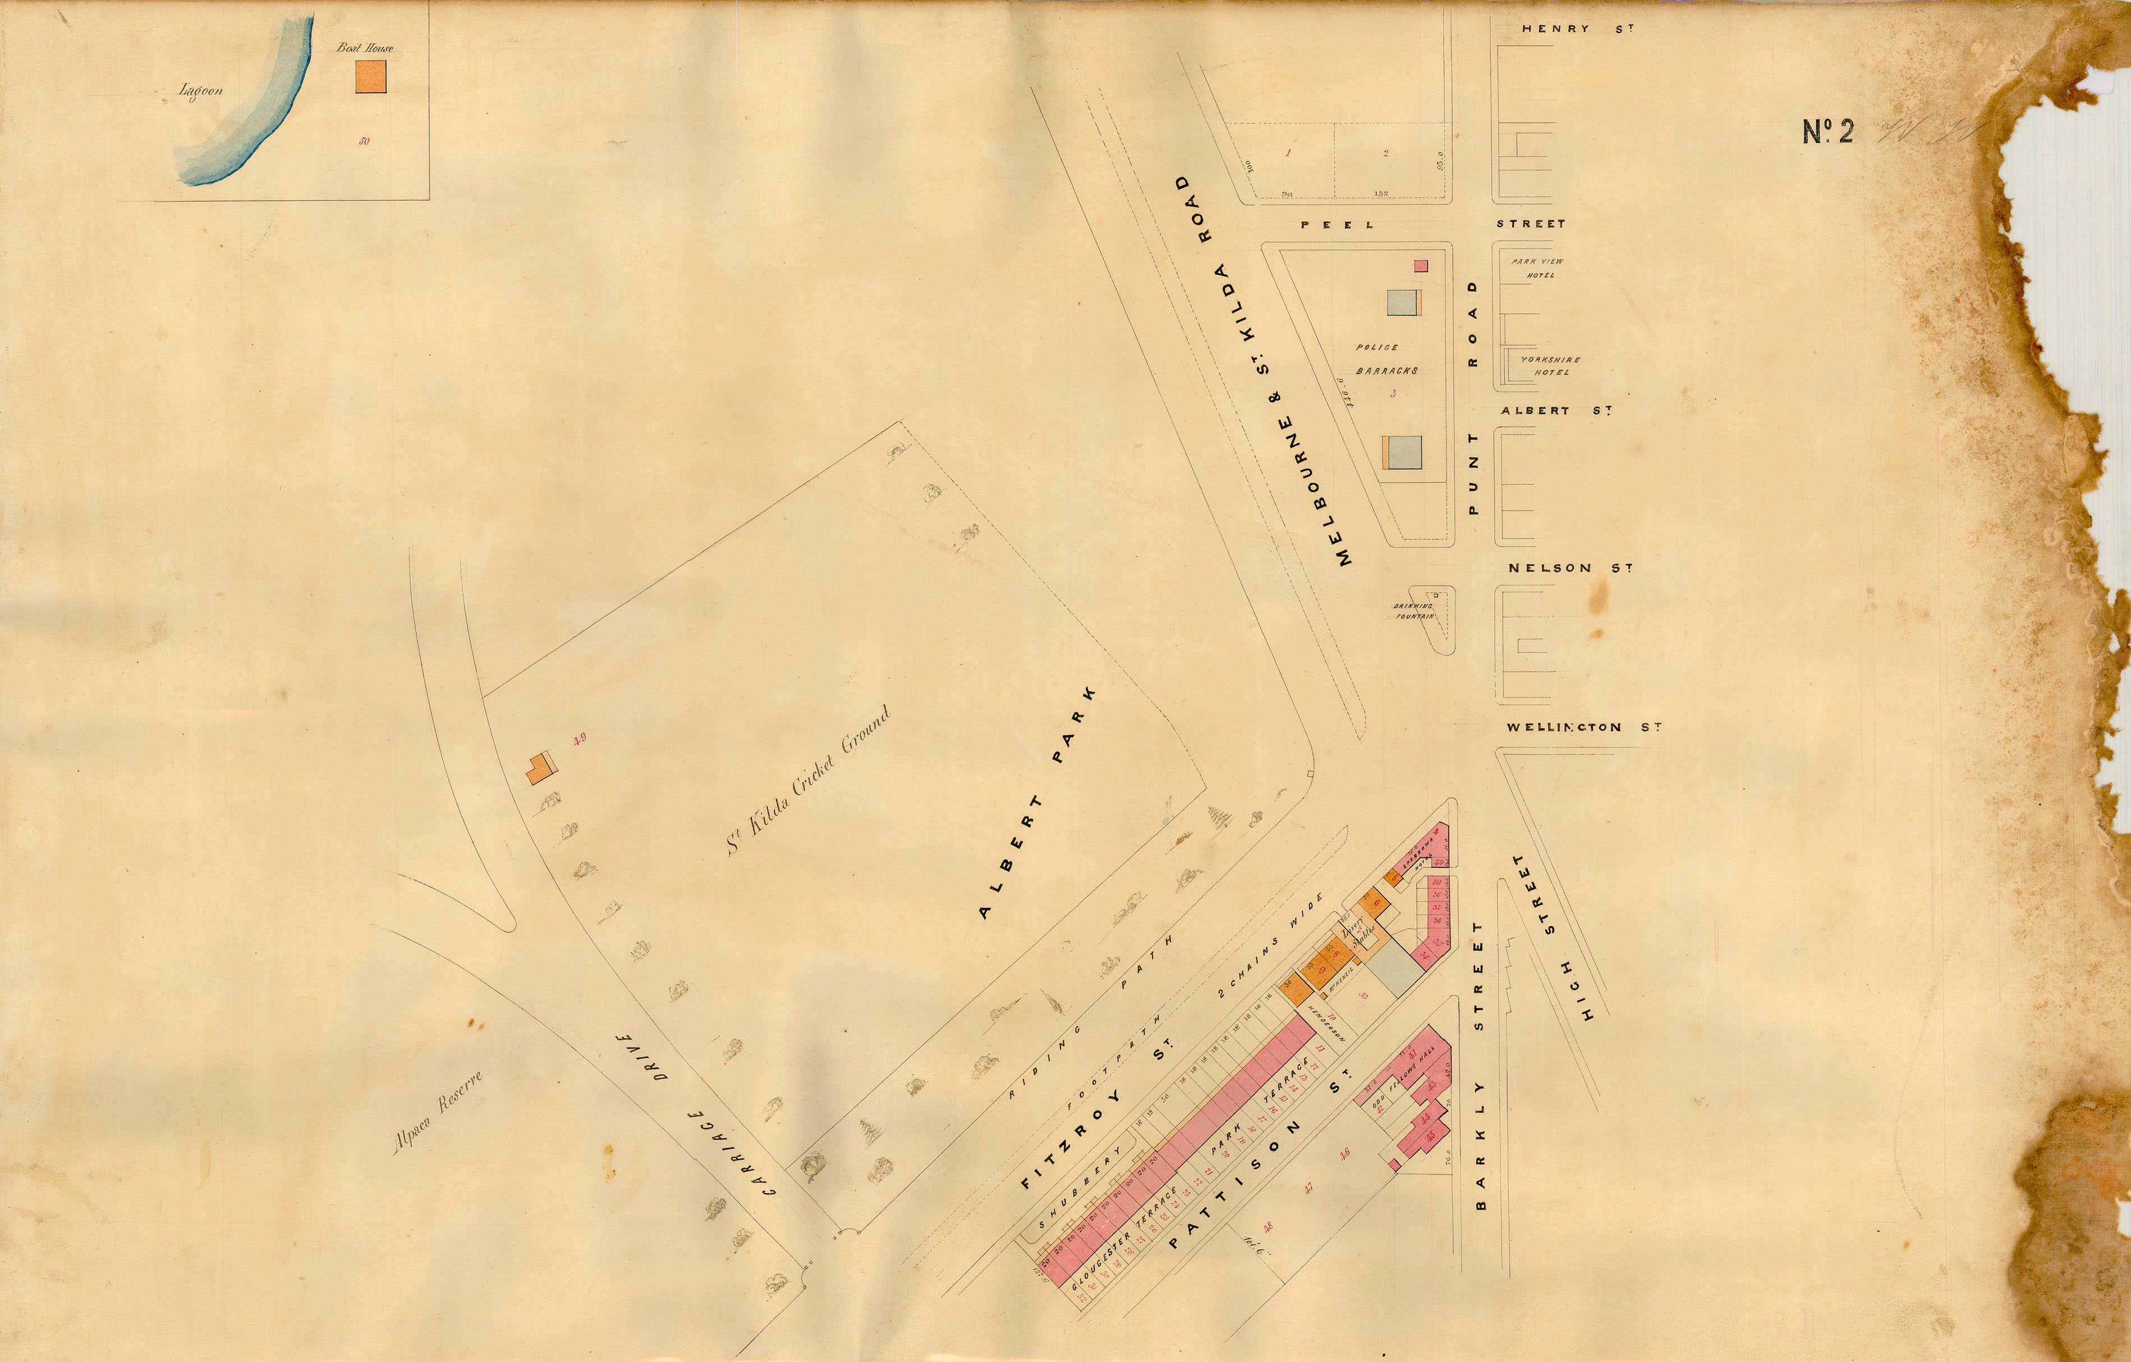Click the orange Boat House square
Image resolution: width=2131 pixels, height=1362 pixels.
tap(371, 75)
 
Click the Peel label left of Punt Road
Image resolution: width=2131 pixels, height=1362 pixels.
tap(1337, 225)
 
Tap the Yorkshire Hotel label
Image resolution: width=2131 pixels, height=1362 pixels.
tap(1550, 365)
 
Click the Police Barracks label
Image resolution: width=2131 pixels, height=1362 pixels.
tap(1386, 359)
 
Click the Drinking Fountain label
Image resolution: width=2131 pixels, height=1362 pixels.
tap(1413, 611)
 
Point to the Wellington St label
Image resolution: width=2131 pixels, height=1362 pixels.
tap(1583, 727)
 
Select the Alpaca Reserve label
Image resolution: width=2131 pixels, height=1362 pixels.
tap(437, 1112)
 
